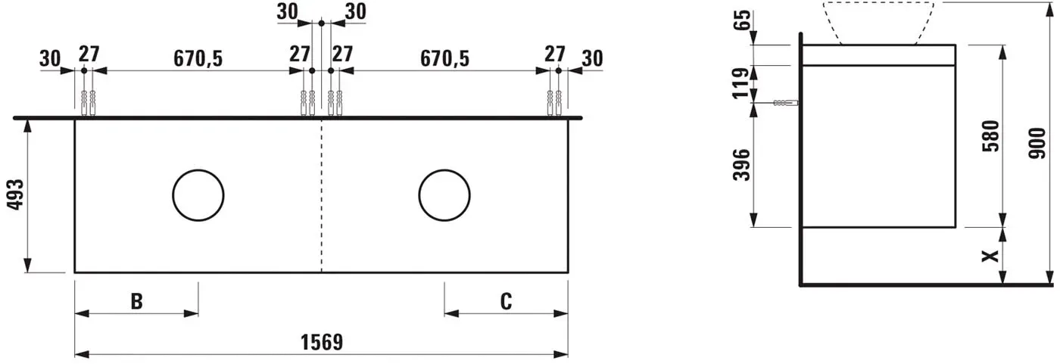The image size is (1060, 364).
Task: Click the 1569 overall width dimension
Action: pos(322,342)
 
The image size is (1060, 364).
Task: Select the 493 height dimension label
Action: pos(16,194)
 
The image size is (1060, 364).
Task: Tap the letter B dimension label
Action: pos(137,301)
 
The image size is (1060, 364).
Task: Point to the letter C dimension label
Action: pos(506,301)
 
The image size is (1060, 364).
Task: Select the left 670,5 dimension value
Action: pos(198,58)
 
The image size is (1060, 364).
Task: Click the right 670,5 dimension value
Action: pos(445,58)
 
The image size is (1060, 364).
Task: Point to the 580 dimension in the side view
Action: pos(991,136)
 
